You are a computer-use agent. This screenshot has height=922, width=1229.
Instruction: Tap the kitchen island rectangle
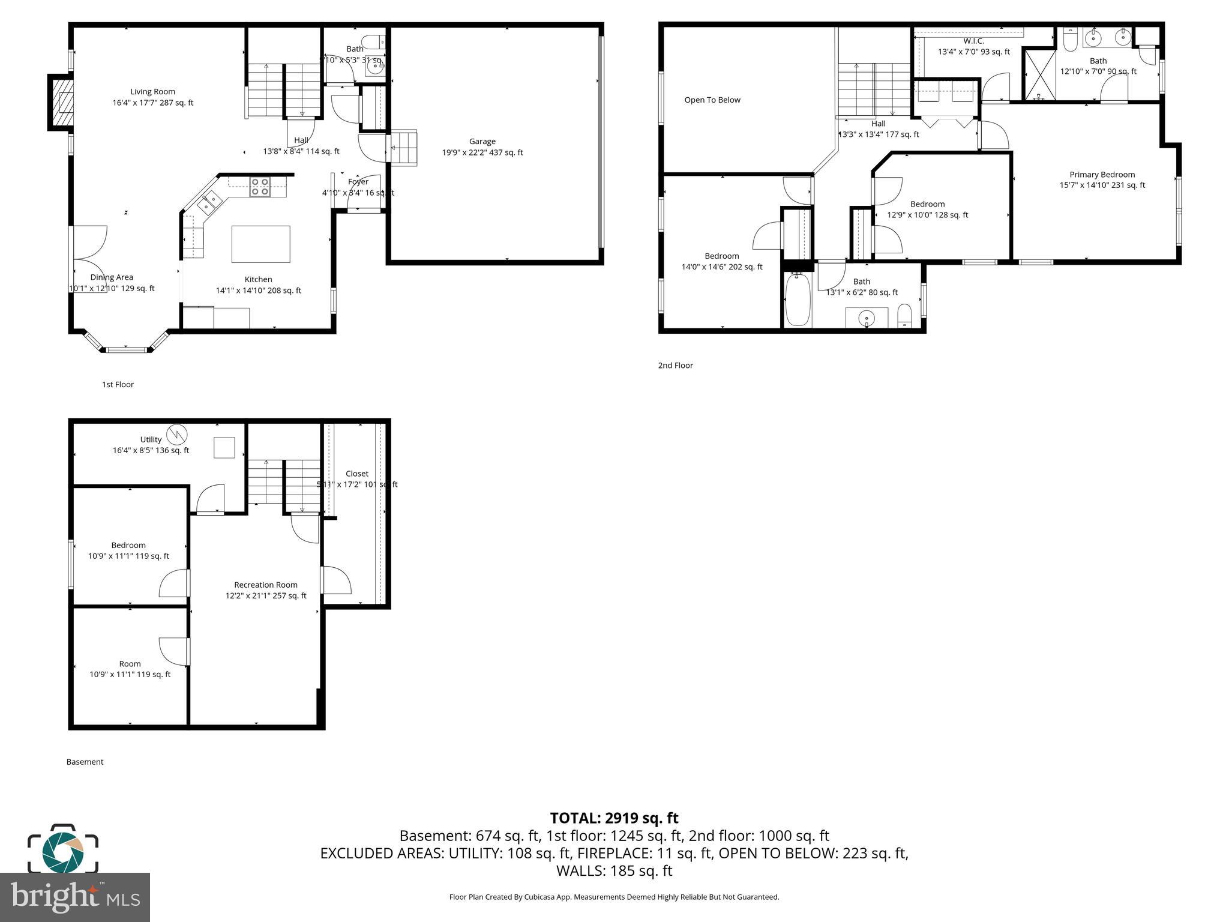pyautogui.click(x=260, y=244)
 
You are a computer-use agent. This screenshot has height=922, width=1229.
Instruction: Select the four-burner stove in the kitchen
pyautogui.click(x=260, y=187)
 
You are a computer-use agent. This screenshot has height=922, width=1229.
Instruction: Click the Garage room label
pyautogui.click(x=482, y=142)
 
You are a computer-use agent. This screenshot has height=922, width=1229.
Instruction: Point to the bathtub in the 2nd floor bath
pyautogui.click(x=798, y=300)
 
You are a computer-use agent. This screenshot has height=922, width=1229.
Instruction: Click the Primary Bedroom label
pyautogui.click(x=1102, y=175)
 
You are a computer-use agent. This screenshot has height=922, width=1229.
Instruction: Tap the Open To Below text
pyautogui.click(x=712, y=100)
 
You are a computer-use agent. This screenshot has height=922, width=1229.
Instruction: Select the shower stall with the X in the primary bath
pyautogui.click(x=1039, y=75)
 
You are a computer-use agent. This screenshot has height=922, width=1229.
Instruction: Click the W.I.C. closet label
pyautogui.click(x=973, y=41)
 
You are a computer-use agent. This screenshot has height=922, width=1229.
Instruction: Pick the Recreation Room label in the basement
pyautogui.click(x=266, y=585)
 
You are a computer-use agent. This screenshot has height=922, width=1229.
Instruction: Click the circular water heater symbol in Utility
pyautogui.click(x=176, y=434)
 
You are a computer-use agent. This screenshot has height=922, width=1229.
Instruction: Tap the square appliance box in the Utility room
pyautogui.click(x=224, y=447)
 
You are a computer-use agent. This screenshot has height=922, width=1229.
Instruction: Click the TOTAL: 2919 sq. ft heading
pyautogui.click(x=614, y=818)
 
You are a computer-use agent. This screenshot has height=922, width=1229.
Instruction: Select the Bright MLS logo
pyautogui.click(x=75, y=897)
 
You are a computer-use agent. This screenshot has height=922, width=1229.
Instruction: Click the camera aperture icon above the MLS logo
pyautogui.click(x=63, y=850)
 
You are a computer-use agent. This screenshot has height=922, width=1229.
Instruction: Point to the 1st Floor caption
pyautogui.click(x=118, y=385)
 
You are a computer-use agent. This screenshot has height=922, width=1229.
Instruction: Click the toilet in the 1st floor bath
pyautogui.click(x=373, y=42)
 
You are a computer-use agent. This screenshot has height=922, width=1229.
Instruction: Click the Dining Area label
pyautogui.click(x=112, y=277)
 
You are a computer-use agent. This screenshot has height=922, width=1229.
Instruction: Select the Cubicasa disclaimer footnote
pyautogui.click(x=614, y=897)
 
